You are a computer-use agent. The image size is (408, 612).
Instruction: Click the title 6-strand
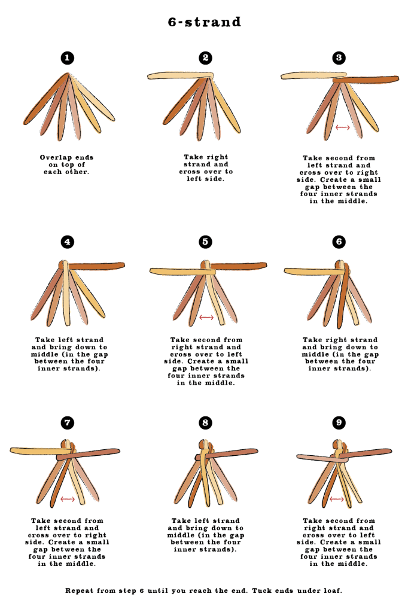tap(204, 22)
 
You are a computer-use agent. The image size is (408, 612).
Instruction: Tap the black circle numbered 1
tap(67, 58)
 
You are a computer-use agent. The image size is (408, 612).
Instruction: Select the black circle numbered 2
tap(205, 58)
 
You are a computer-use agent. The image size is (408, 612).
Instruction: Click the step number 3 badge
tap(339, 58)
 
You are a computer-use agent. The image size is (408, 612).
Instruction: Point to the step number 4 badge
tap(67, 242)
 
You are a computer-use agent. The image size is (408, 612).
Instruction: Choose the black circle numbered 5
tap(205, 242)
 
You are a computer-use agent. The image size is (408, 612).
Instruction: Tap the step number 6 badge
tap(339, 242)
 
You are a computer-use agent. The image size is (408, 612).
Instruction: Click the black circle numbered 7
tap(67, 423)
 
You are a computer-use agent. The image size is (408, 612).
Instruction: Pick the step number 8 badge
tap(205, 423)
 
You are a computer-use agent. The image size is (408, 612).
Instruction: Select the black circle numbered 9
tap(339, 423)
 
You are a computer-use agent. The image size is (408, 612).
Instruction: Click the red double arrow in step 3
tap(342, 127)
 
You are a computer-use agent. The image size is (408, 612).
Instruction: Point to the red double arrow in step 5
tap(206, 317)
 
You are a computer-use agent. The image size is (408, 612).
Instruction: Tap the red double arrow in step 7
tap(68, 499)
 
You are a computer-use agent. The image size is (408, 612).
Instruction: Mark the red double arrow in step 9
tap(337, 499)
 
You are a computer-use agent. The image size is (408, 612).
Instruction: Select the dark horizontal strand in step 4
tap(96, 266)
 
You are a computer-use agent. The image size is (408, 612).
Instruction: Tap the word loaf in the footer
tap(333, 590)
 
